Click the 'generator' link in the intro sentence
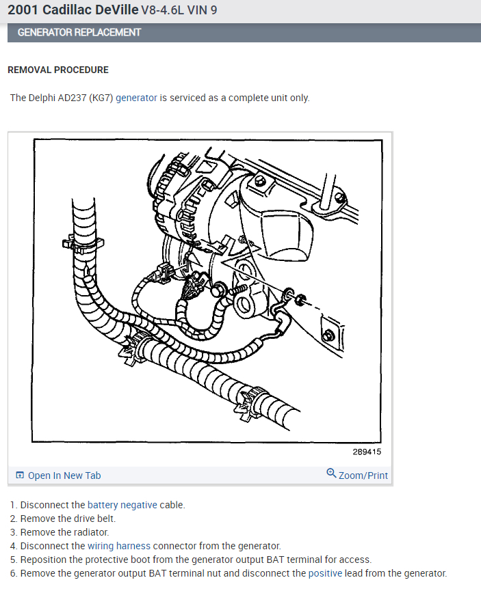[x=136, y=98]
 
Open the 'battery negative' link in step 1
[x=122, y=505]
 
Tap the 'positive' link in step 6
[x=324, y=573]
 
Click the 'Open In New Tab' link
[x=64, y=475]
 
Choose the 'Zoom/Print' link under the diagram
[x=363, y=475]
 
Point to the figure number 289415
[x=367, y=452]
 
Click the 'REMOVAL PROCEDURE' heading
[x=57, y=70]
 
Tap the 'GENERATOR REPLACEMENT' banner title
[x=79, y=32]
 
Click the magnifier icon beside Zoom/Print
[x=331, y=473]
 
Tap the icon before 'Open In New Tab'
[x=19, y=475]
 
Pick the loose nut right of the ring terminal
[x=302, y=298]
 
